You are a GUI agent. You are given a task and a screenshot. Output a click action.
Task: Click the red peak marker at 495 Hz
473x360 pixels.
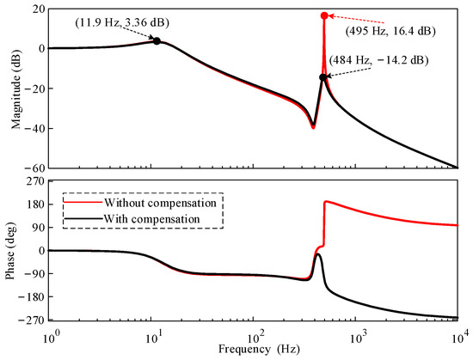click(323, 15)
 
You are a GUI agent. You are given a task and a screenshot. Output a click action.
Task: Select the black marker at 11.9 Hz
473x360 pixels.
click(157, 40)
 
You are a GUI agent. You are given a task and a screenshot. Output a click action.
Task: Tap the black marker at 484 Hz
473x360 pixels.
click(323, 77)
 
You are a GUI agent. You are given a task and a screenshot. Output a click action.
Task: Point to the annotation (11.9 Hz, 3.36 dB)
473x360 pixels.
click(90, 17)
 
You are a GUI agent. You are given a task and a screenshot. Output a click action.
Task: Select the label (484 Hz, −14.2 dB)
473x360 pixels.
click(378, 61)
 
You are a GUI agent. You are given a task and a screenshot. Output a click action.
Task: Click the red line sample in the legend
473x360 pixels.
click(78, 204)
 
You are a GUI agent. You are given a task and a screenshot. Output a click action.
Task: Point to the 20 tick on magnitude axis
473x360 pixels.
click(38, 8)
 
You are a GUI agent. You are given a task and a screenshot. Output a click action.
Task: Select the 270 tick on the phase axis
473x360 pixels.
click(35, 182)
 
